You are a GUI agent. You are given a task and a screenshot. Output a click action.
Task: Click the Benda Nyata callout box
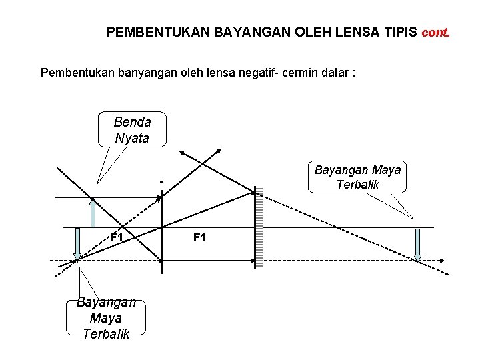pos(132,130)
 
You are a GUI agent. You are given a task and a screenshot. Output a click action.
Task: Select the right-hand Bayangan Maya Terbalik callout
pos(357,177)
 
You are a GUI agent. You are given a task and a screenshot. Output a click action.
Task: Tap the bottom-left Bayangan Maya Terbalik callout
pos(106,317)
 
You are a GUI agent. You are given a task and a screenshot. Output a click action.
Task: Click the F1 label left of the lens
pos(117,237)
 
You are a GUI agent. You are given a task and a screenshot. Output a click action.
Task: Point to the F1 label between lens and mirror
pos(200,237)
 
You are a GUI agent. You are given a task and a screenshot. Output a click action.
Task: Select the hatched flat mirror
pos(259,227)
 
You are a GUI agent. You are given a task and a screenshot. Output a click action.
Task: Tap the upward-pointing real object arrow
pos(93,213)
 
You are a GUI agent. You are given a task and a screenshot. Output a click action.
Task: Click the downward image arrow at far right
pos(418,245)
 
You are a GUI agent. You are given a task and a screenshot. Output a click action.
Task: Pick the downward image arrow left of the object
pos(78,243)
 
